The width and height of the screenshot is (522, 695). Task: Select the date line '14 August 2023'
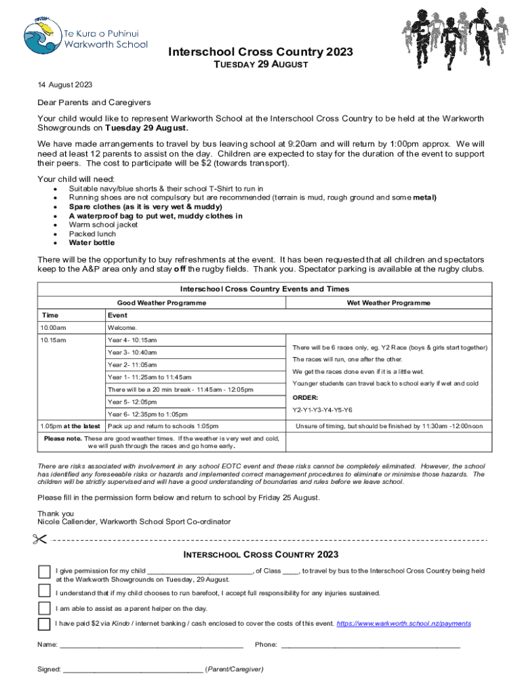tap(64, 86)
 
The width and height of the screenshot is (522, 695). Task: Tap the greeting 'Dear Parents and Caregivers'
tap(94, 102)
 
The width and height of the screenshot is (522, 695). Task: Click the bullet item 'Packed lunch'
tap(92, 233)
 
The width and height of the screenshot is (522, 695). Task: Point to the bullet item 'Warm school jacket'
tap(103, 225)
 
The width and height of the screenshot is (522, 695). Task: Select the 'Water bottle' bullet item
tap(92, 243)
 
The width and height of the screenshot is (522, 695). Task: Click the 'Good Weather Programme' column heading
tap(162, 303)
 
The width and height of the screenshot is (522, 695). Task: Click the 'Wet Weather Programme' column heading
tap(388, 303)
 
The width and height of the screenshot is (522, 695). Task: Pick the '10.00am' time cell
tap(53, 328)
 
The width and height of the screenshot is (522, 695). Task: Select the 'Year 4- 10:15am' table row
tap(132, 340)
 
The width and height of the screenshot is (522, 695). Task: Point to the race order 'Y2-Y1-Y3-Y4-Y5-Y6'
tap(322, 410)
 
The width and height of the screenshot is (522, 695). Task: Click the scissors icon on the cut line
tap(38, 540)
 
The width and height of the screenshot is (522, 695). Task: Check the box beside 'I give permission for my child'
tap(45, 571)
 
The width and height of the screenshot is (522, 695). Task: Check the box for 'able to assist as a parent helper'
tap(45, 607)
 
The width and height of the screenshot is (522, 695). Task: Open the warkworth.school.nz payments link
tap(403, 623)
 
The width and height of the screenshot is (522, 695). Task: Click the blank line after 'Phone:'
tap(370, 645)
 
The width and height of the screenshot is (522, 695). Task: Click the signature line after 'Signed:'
tap(132, 669)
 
